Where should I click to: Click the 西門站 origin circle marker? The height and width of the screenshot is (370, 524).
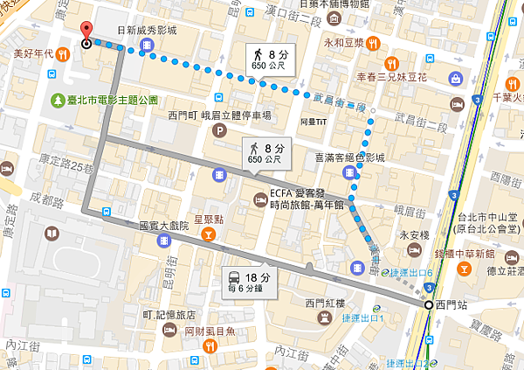tap(428, 305)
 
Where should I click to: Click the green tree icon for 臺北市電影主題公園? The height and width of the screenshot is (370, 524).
tap(58, 100)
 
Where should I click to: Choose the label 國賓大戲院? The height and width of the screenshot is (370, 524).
tap(165, 225)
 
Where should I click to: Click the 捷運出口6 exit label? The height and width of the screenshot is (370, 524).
tap(414, 272)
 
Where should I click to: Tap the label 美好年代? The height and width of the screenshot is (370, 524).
tap(34, 52)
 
